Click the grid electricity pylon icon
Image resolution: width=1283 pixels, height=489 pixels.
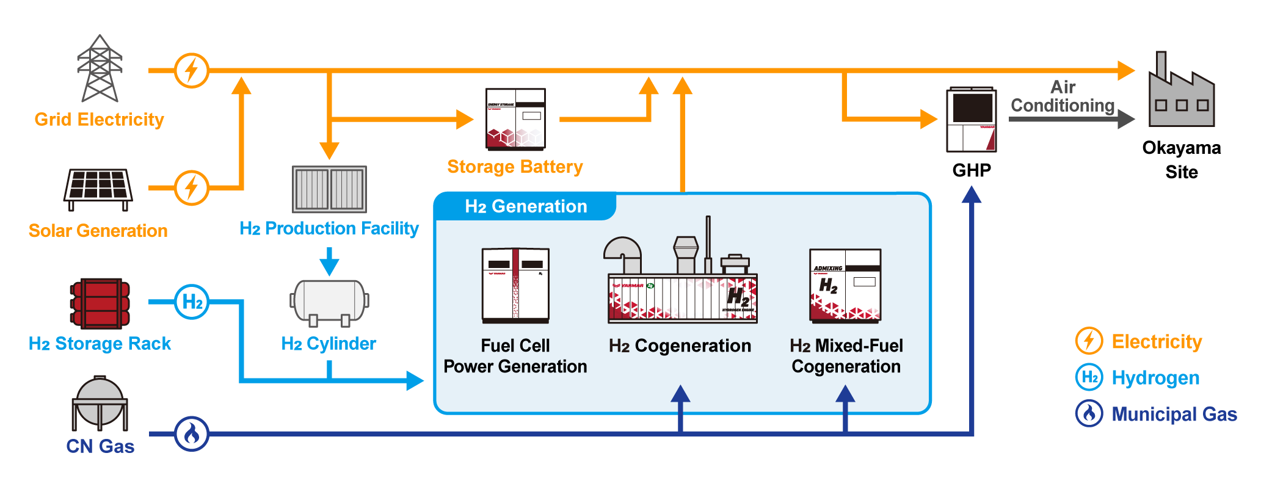click(x=100, y=68)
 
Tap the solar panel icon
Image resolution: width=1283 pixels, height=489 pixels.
click(x=98, y=188)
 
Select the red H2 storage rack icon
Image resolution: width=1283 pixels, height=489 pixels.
click(x=100, y=303)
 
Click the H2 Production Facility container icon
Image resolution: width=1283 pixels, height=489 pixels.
click(x=329, y=189)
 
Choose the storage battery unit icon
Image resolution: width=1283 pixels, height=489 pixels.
click(x=515, y=119)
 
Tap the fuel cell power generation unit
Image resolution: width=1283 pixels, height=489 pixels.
click(x=515, y=285)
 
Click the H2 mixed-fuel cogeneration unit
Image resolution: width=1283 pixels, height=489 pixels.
click(x=845, y=285)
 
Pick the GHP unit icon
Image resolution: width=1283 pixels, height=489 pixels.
click(x=971, y=120)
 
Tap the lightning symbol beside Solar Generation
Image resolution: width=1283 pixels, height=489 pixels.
click(x=192, y=188)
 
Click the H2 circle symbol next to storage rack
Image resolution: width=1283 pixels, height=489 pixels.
click(x=192, y=302)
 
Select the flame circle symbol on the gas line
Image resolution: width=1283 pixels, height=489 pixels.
click(x=192, y=434)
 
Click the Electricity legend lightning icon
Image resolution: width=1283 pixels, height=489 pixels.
click(x=1089, y=341)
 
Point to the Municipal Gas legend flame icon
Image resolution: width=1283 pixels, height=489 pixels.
click(x=1089, y=413)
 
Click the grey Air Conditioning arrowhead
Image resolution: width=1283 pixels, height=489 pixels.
click(x=1125, y=118)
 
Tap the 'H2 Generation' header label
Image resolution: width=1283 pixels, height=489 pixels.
click(x=526, y=206)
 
